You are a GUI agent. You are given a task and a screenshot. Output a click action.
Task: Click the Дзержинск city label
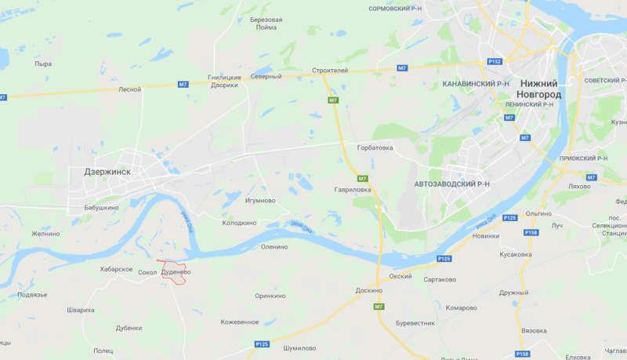[x=107, y=172]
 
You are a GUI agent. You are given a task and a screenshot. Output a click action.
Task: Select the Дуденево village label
[x=176, y=272]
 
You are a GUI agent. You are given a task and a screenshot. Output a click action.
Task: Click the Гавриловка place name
[x=351, y=190]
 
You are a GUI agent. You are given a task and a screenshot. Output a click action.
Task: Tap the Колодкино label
[x=239, y=223]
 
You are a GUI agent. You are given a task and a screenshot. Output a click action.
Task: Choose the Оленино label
[x=274, y=246]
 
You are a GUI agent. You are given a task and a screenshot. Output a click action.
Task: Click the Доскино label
[x=368, y=290]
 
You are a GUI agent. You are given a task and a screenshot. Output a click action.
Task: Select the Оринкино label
[x=270, y=296]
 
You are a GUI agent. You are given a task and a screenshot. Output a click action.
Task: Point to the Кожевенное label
[x=240, y=322]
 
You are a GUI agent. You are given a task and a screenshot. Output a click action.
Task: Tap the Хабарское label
[x=116, y=269]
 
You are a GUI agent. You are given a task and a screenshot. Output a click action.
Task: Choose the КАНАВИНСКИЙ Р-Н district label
[x=476, y=83]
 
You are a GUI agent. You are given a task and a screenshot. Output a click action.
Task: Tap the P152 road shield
[x=495, y=60]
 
